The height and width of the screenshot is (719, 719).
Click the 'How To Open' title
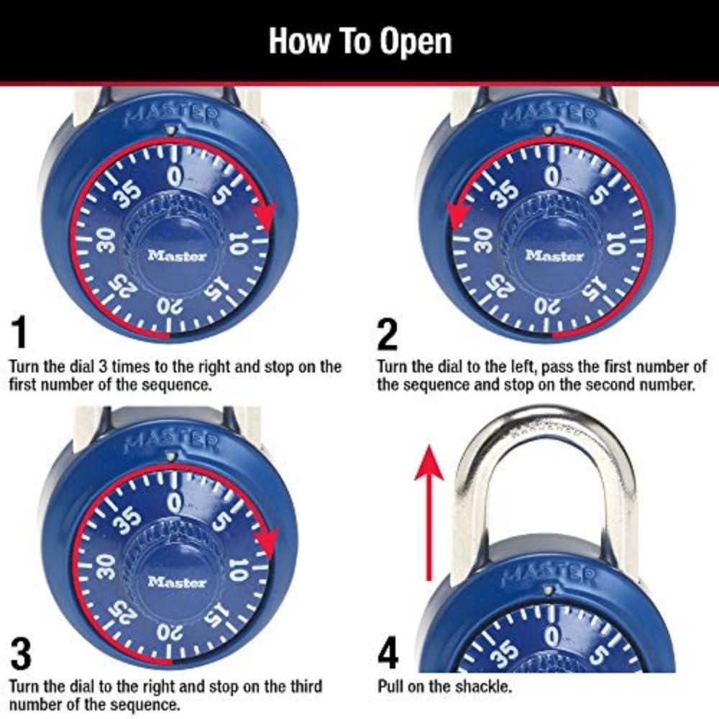click(x=359, y=41)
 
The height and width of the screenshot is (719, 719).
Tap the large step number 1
click(x=19, y=332)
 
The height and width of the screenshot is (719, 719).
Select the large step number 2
click(x=388, y=332)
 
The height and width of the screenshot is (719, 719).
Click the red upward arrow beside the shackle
click(x=429, y=510)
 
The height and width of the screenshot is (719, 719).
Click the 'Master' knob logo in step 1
click(x=177, y=255)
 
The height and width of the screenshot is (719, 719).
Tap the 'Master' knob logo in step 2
click(x=554, y=255)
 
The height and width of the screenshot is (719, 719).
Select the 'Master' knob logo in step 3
click(x=177, y=582)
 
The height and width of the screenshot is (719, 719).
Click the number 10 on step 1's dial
click(x=237, y=245)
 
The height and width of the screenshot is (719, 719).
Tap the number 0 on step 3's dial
click(x=174, y=499)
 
